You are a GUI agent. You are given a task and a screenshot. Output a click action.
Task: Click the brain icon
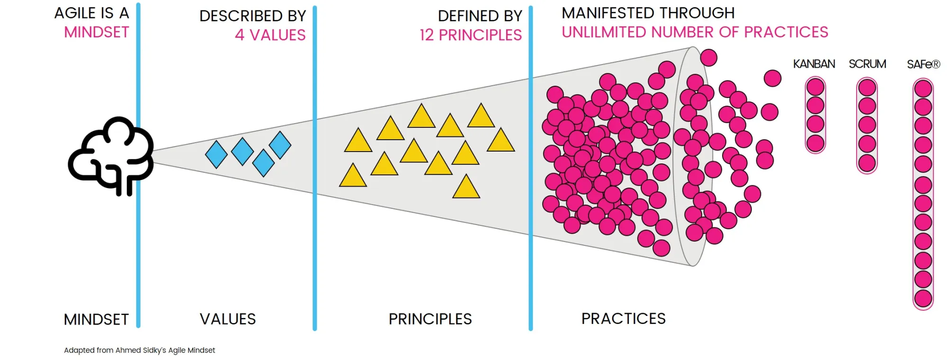[x=111, y=156]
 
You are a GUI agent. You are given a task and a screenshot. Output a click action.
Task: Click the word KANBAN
[x=814, y=64]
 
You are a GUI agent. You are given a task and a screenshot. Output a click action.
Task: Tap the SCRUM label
[x=867, y=64]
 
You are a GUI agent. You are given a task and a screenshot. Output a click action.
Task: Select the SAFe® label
[x=923, y=64]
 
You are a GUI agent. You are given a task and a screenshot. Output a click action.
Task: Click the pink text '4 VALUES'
[x=270, y=35]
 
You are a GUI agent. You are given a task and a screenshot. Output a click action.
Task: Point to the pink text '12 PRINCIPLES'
[x=471, y=35]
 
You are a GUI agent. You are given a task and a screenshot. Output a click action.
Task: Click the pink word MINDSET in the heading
[x=97, y=32]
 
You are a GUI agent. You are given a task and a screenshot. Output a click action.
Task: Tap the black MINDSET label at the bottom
[x=96, y=320]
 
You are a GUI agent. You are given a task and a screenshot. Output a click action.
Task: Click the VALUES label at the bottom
[x=228, y=319]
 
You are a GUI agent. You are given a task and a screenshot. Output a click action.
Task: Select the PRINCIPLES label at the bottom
[x=430, y=319]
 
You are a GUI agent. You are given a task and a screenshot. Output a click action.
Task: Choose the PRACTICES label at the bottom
[x=624, y=319]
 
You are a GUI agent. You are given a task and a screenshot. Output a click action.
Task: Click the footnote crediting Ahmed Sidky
[x=139, y=351]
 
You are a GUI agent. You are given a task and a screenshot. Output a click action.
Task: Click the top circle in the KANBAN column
[x=815, y=87]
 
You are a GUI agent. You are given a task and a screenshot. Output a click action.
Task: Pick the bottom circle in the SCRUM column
[x=867, y=163]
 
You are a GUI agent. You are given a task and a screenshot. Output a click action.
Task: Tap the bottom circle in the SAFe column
[x=923, y=299]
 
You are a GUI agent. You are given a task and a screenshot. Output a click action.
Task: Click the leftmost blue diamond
[x=216, y=154]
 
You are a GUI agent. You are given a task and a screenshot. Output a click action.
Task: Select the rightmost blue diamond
[x=280, y=145]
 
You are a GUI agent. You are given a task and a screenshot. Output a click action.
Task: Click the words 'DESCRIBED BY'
[x=253, y=16]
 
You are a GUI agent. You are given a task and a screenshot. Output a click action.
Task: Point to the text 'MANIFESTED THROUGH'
[x=648, y=13]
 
